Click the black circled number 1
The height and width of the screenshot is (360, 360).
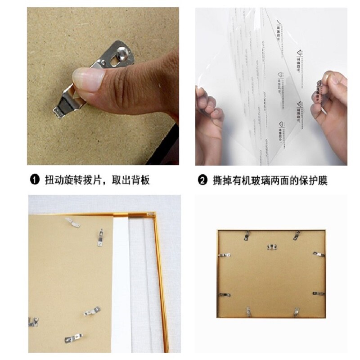35,181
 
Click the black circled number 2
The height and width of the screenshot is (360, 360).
203,181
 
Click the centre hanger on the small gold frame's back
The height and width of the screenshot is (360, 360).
271,247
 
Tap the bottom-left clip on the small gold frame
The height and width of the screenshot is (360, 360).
247,311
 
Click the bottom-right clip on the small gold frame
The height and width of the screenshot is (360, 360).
296,311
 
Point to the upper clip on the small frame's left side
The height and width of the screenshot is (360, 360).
224,255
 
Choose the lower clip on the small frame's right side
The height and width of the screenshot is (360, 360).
319,293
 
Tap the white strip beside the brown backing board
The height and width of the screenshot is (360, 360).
121,279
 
